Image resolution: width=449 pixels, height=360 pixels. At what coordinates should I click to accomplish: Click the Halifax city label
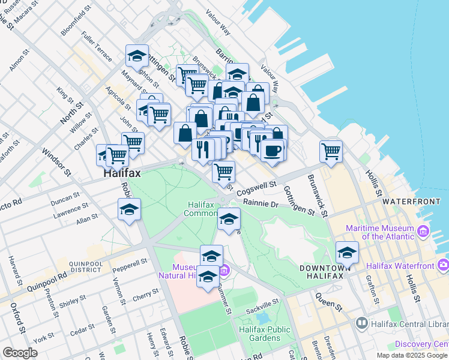click(121, 173)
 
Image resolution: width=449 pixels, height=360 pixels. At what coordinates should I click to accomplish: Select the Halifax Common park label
click(200, 209)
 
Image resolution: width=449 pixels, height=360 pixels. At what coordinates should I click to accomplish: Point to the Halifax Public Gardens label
click(264, 334)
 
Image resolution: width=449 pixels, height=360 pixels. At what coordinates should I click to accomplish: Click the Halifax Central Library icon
click(362, 324)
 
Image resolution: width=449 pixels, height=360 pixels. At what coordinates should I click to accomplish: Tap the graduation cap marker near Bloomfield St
click(137, 56)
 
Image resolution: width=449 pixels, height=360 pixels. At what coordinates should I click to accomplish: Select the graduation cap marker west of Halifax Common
click(129, 209)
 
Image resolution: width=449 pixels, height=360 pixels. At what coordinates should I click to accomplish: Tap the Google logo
click(20, 353)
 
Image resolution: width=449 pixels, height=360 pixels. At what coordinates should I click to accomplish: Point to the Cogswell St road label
click(256, 188)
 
